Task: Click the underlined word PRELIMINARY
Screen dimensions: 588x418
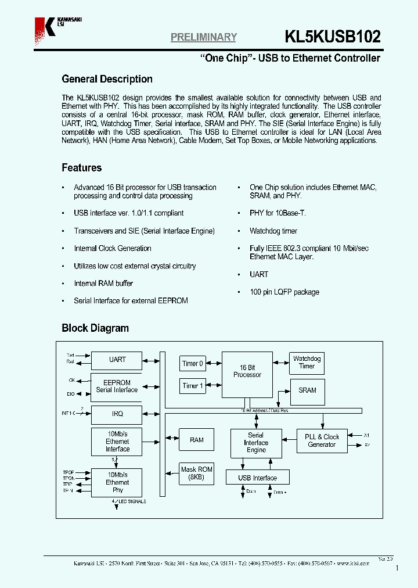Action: click(203, 37)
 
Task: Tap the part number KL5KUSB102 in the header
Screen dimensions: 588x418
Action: click(333, 37)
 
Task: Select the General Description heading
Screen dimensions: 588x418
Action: click(107, 79)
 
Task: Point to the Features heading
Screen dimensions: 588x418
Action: click(81, 168)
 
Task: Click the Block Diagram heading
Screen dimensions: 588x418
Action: click(95, 328)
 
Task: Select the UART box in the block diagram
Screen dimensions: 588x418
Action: click(117, 360)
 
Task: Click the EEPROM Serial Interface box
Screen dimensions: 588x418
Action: click(117, 386)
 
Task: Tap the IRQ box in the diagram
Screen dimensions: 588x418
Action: click(117, 414)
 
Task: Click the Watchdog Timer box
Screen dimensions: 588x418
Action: click(307, 363)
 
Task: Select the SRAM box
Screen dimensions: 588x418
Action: click(307, 390)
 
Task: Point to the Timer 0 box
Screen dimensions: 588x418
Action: click(193, 364)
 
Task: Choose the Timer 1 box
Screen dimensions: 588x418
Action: click(193, 386)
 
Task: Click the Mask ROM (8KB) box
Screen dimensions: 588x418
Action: click(197, 473)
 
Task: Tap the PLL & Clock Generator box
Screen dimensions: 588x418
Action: click(322, 440)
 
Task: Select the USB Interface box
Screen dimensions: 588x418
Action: click(258, 478)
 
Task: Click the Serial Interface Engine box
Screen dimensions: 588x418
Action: click(256, 443)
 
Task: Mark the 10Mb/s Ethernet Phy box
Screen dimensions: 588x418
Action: click(117, 482)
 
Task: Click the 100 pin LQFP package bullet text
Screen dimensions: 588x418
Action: click(284, 292)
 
